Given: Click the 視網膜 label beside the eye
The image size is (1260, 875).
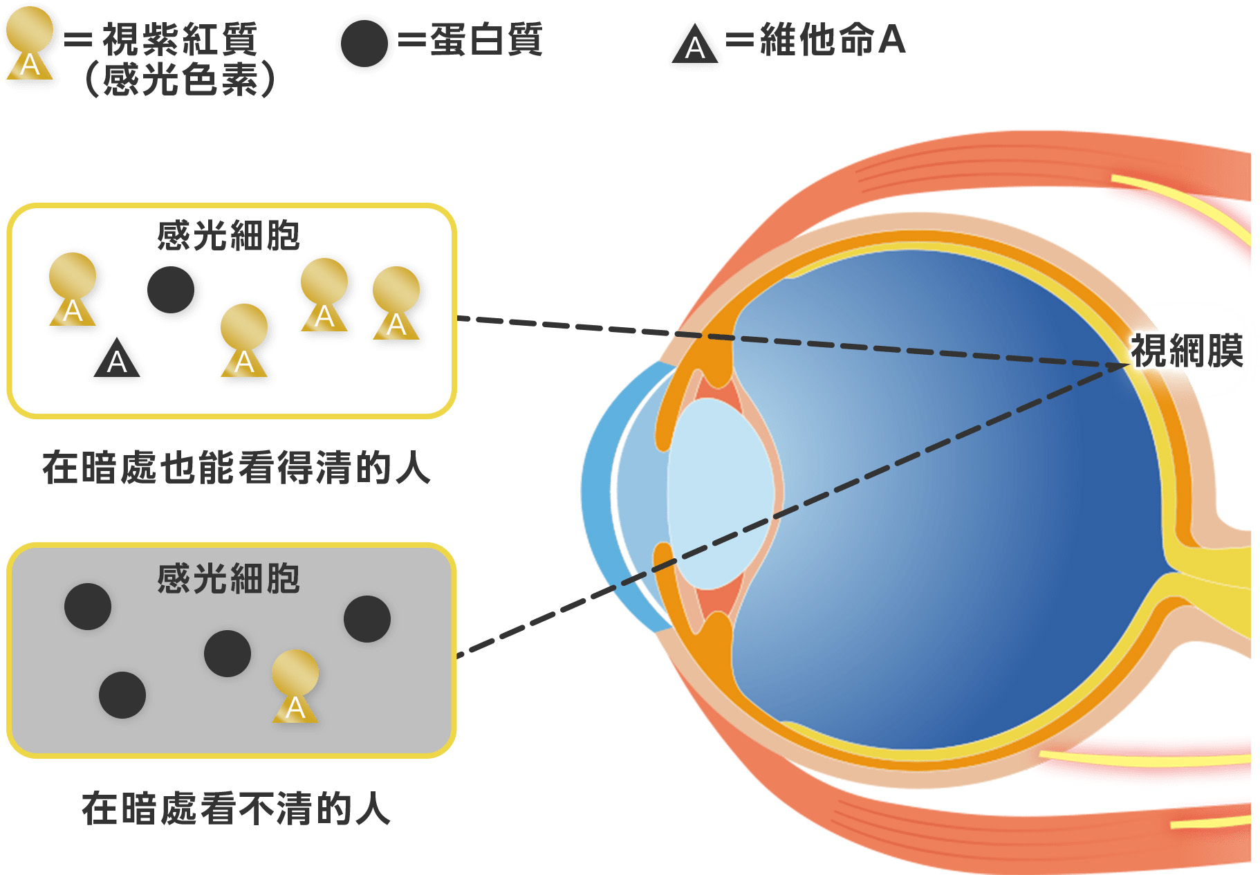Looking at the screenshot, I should coord(1186,351).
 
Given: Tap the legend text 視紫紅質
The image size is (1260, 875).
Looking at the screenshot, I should coord(180,39).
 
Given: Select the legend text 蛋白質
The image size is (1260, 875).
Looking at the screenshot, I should coord(486,39).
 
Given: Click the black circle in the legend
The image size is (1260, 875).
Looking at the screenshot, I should coord(364,43).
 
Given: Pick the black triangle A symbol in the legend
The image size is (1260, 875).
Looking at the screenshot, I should coord(694,46).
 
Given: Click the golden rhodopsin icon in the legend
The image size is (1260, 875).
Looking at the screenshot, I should coord(30,43).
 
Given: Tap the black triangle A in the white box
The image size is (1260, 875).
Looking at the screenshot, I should coord(117,359).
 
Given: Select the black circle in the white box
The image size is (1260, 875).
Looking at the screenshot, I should coord(170,290).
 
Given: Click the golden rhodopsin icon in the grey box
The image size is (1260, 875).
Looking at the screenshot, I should coord(295,685).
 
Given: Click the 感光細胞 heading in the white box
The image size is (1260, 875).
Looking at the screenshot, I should coord(228,235).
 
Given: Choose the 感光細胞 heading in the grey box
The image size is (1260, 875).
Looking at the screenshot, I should coord(228,578).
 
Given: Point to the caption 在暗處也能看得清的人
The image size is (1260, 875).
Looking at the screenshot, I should coord(237,468).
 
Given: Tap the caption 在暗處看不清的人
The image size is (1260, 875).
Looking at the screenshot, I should coord(237,808).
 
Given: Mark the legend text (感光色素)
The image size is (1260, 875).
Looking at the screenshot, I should coord(180,79).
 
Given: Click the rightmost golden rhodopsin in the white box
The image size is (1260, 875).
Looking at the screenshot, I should coord(396,302).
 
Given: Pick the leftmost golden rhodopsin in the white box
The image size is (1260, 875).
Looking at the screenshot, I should coord(73,288).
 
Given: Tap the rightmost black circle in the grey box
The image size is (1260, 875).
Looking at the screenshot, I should coord(367,619).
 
